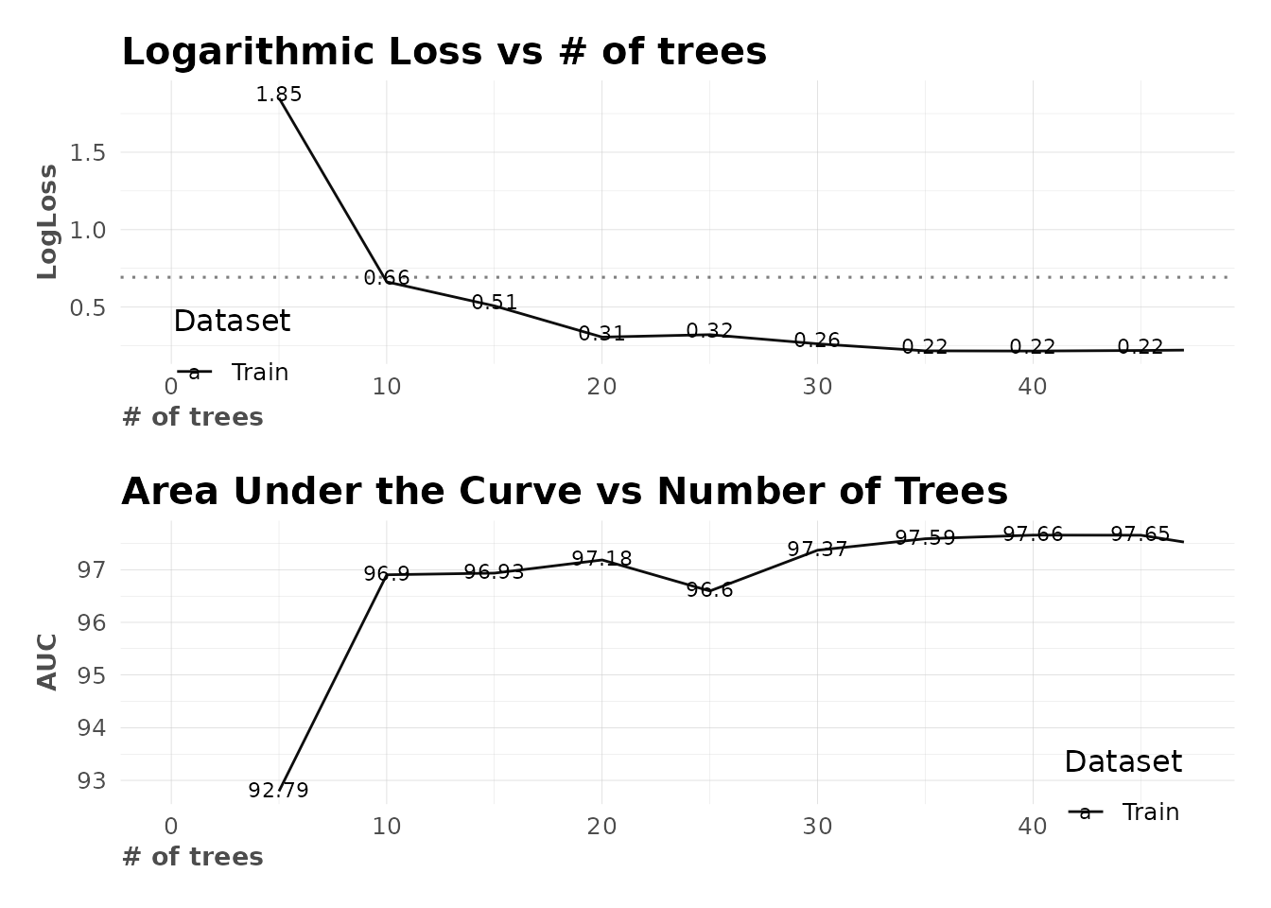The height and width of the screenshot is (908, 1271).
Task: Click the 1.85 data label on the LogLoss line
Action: (x=279, y=95)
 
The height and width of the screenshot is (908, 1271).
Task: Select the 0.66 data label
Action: (x=387, y=278)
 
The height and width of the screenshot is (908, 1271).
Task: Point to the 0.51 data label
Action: (x=495, y=303)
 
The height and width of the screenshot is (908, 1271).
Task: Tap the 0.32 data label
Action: (x=709, y=331)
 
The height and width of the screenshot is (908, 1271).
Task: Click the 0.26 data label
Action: (x=817, y=340)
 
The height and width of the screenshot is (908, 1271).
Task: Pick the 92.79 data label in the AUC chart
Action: (x=279, y=791)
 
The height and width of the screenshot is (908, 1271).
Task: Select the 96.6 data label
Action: (x=709, y=590)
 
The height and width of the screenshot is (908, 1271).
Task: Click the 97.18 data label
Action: (x=601, y=559)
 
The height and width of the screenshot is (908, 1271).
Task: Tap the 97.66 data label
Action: (x=1033, y=534)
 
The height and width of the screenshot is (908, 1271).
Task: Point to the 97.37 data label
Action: (x=817, y=550)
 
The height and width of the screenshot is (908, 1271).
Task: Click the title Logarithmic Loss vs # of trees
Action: (x=444, y=52)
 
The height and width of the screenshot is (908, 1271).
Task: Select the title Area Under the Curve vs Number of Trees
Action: (x=565, y=492)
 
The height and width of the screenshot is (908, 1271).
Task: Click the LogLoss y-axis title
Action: (x=47, y=222)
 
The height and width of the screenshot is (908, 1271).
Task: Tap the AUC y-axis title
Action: (x=47, y=662)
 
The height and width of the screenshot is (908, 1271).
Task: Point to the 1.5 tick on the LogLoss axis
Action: (x=87, y=152)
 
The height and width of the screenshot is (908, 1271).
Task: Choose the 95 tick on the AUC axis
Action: (x=92, y=675)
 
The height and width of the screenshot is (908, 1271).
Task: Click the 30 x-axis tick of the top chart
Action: (x=817, y=387)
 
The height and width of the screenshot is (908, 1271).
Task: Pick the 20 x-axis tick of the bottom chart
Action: (x=601, y=827)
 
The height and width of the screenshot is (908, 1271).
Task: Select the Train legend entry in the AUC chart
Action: (x=1150, y=812)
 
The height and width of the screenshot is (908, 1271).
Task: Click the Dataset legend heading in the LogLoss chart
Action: (x=232, y=322)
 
